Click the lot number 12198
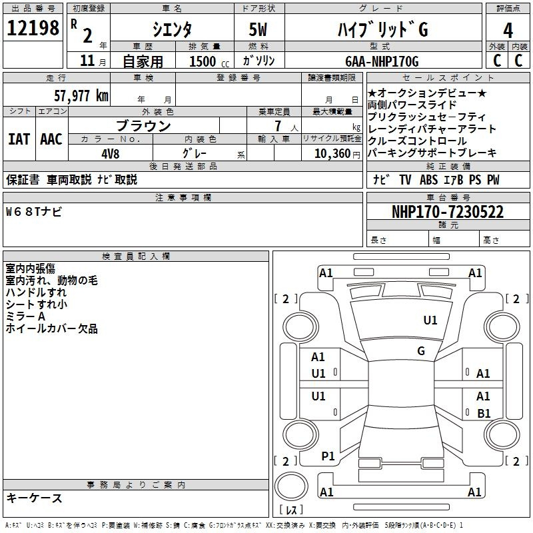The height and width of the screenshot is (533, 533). [33, 28]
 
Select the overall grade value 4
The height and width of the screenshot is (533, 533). [508, 30]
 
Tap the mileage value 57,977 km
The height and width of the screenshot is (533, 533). [81, 96]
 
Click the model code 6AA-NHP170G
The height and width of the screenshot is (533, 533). [382, 61]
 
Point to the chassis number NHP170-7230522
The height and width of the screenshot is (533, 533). [448, 212]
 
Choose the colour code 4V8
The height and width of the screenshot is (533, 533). [111, 154]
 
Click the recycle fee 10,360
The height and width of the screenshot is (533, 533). [332, 154]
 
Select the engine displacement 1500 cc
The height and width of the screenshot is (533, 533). [209, 61]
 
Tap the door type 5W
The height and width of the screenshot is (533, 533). [258, 29]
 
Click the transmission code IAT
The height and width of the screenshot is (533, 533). [19, 139]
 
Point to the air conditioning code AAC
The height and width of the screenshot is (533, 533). [51, 139]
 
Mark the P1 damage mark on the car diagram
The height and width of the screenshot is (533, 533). [328, 456]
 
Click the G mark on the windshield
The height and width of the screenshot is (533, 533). [421, 351]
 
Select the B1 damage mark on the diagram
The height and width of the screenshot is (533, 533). [484, 413]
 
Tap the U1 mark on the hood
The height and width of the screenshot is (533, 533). [430, 320]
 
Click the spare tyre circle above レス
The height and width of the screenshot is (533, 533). [291, 486]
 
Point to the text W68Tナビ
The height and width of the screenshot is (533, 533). [34, 212]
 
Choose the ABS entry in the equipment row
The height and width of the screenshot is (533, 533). [428, 180]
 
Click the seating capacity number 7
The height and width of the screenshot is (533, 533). [278, 126]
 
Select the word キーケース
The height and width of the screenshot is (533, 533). [35, 498]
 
